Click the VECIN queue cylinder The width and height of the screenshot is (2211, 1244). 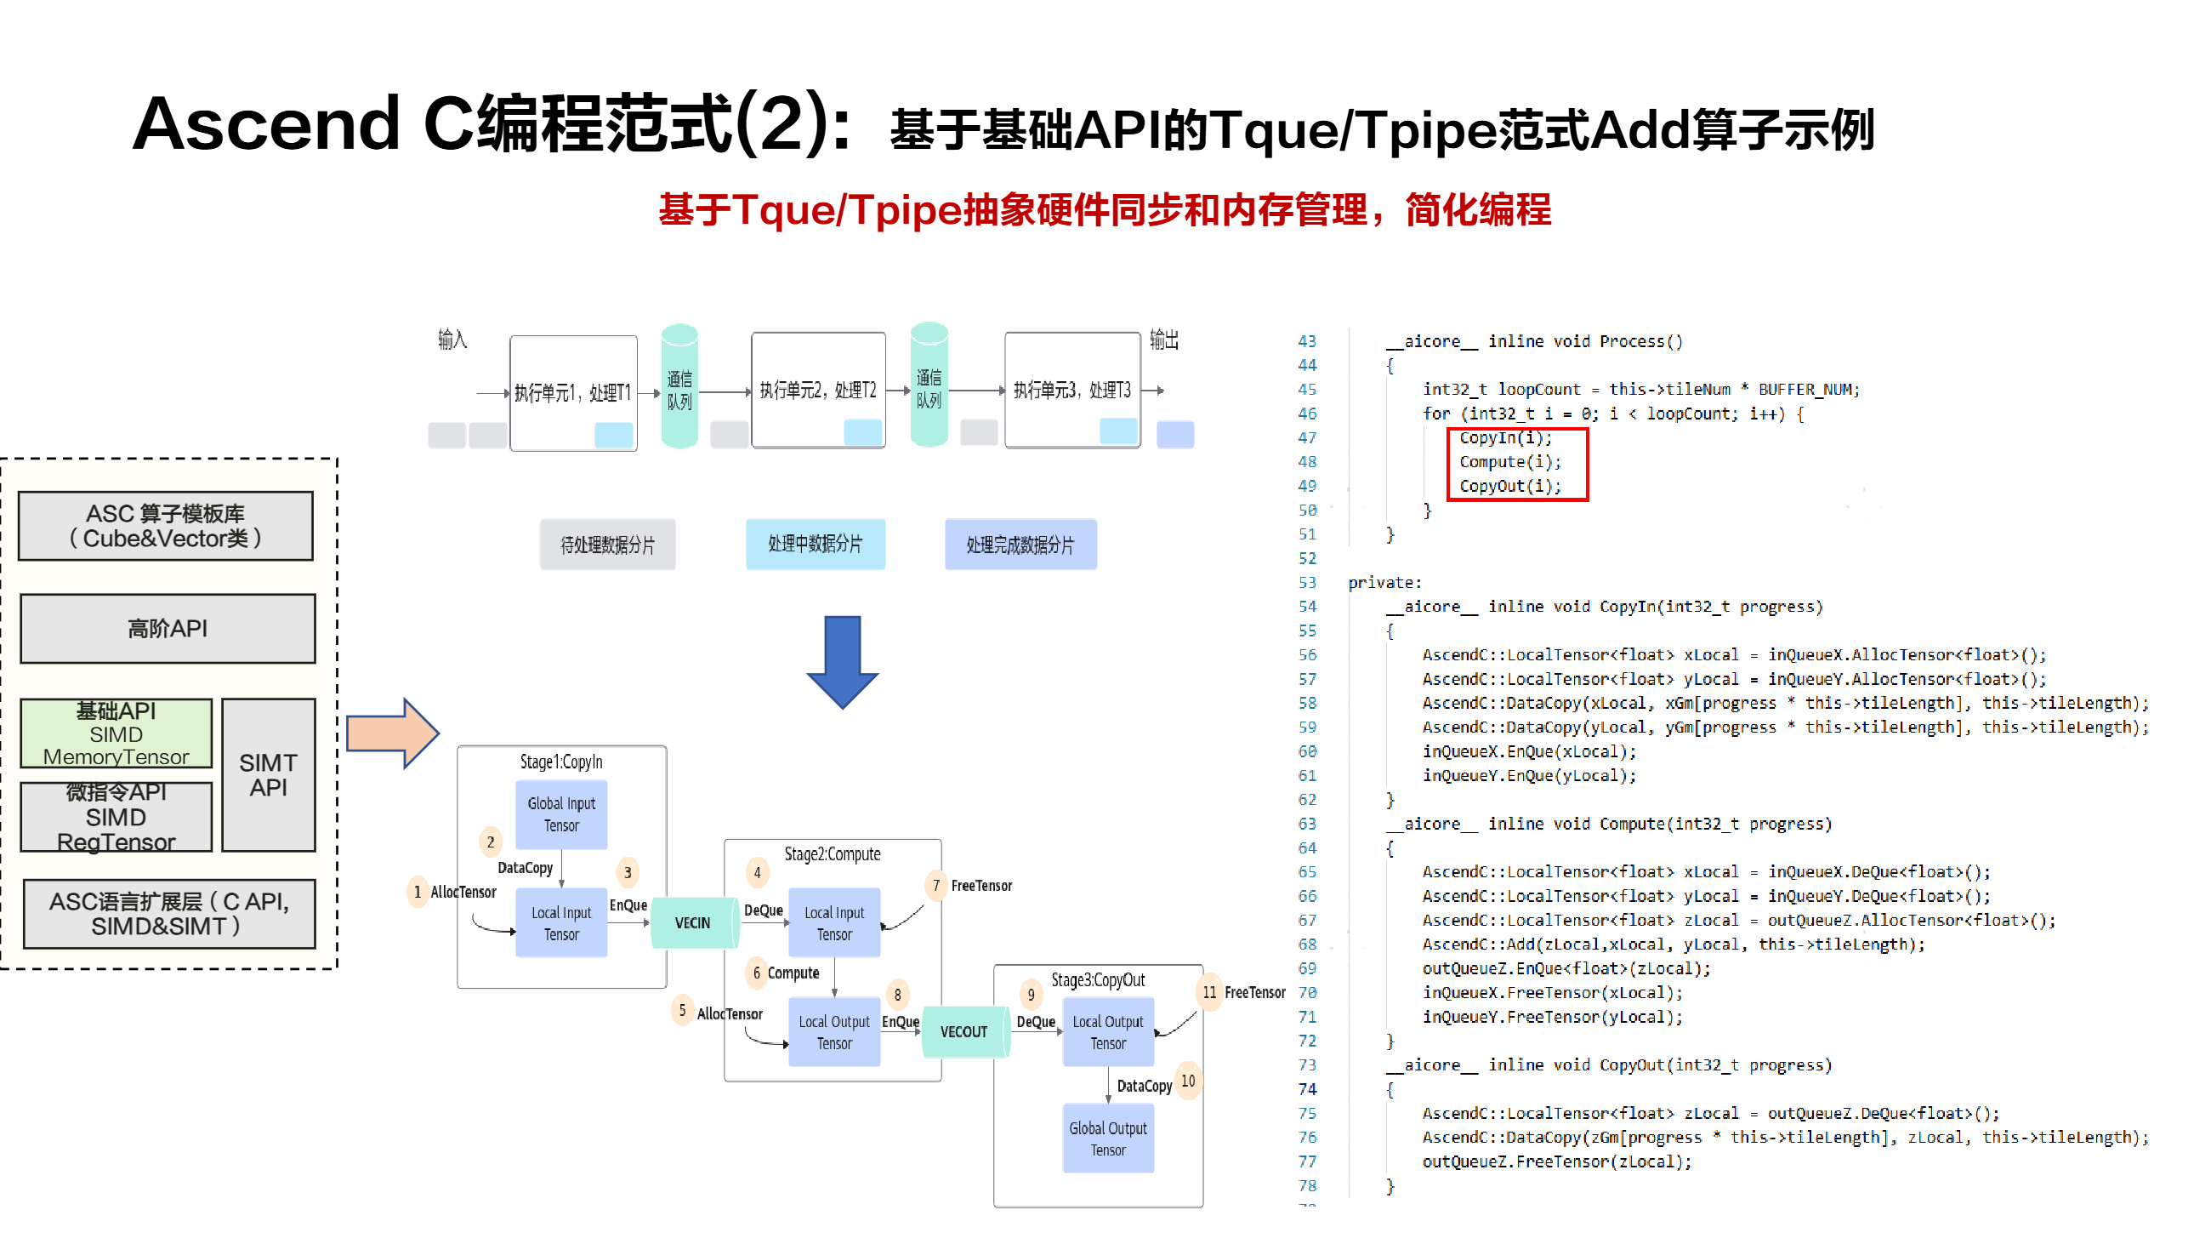click(694, 923)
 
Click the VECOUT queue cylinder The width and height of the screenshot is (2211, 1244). click(963, 1032)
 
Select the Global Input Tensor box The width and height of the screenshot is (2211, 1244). click(561, 815)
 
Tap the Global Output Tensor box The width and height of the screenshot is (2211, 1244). click(1108, 1139)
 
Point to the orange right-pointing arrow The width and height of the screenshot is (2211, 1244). click(392, 734)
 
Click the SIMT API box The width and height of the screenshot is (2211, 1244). click(269, 775)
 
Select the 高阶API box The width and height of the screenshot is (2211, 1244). click(168, 630)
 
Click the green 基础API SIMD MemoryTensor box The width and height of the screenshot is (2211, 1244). click(116, 734)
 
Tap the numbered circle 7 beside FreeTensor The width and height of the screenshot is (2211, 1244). click(935, 886)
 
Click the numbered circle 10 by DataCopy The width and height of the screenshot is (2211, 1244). click(1188, 1081)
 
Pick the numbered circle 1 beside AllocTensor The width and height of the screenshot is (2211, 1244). click(418, 892)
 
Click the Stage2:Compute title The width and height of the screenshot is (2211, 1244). click(832, 854)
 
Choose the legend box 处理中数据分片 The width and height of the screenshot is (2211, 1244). click(815, 545)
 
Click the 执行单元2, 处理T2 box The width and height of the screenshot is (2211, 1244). click(818, 391)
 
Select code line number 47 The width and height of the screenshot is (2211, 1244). click(1306, 438)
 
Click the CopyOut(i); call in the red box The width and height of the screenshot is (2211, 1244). click(1509, 487)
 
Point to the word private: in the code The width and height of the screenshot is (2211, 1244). click(1384, 583)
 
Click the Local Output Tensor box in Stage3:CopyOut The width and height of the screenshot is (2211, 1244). click(1108, 1033)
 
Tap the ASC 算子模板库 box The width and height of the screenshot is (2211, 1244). click(166, 526)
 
